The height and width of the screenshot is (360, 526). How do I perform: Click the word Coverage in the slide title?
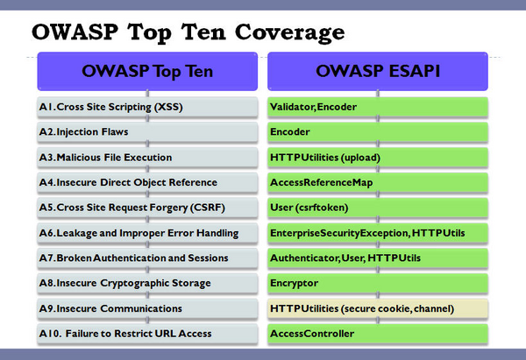[290, 33]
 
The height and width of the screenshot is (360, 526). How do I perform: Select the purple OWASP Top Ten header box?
[147, 71]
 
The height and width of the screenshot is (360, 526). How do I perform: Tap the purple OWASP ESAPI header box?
[378, 71]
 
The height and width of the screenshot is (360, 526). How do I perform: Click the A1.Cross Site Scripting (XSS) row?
[147, 107]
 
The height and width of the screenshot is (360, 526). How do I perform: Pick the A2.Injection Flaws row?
[147, 132]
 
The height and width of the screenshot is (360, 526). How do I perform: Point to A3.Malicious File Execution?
[147, 157]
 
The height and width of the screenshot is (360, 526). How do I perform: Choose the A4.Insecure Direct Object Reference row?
[147, 182]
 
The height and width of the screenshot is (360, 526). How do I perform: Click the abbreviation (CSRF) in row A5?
[208, 208]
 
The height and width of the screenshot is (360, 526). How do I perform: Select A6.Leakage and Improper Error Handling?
[147, 233]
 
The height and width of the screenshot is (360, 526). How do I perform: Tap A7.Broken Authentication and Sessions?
[147, 258]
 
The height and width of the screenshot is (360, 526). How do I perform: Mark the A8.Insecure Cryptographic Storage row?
[147, 283]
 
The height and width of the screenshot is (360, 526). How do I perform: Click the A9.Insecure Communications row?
[147, 308]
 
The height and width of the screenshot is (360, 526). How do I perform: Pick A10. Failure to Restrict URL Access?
[147, 334]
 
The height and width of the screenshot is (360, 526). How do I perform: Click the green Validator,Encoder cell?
[378, 107]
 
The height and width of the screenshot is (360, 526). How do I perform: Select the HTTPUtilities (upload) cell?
[378, 157]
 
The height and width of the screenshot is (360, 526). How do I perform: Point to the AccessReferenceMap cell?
[378, 182]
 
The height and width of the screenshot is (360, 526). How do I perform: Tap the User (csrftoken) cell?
[378, 208]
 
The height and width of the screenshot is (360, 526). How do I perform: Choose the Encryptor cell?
[378, 283]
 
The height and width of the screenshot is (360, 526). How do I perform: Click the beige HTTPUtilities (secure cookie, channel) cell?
[378, 308]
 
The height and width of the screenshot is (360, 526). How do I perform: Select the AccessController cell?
[378, 334]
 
